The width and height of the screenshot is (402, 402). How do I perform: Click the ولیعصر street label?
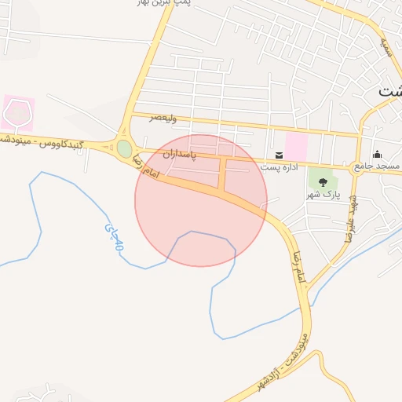(164, 118)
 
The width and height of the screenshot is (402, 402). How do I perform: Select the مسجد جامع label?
(376, 166)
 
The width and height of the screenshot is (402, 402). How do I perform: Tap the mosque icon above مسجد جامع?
(377, 154)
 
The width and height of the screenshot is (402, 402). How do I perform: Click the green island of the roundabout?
(124, 148)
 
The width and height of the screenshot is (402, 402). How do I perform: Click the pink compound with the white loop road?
(17, 113)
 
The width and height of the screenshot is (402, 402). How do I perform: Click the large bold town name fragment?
(389, 90)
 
